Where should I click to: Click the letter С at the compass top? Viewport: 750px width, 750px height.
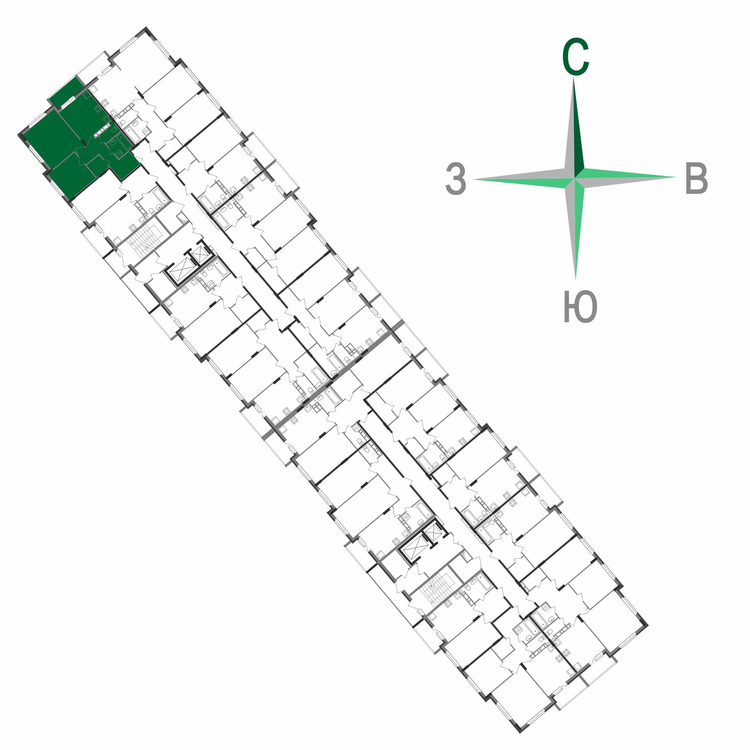tap(575, 57)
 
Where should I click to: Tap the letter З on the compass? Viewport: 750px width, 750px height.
tap(456, 179)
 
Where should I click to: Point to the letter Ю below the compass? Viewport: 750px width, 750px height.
tap(580, 307)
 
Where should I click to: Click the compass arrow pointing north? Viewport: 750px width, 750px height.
tap(574, 127)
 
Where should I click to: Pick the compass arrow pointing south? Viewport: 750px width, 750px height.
tap(575, 228)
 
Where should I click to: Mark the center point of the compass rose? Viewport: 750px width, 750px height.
tap(574, 178)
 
